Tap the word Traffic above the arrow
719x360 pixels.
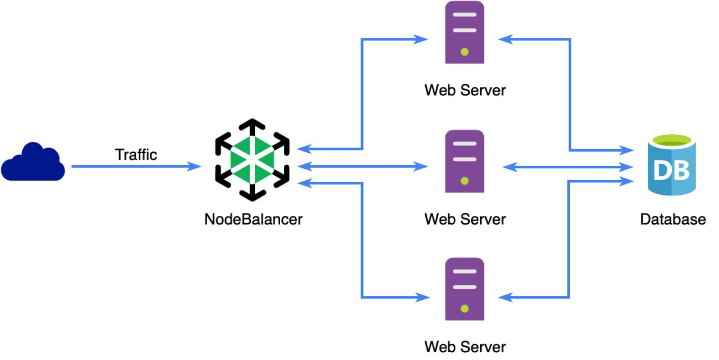pos(136,154)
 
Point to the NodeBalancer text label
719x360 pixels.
pos(253,219)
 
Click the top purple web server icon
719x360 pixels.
pos(465,33)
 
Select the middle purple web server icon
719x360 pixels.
pos(465,161)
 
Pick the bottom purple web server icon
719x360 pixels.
pos(465,290)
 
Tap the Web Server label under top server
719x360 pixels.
pos(465,90)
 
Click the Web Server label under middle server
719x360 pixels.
pos(465,219)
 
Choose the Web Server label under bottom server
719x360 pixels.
pos(465,347)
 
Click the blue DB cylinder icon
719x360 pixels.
pos(671,166)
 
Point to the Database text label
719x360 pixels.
pos(672,219)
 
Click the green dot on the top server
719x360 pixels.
pos(465,52)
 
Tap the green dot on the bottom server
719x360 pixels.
pos(465,309)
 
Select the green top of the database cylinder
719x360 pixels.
pos(671,140)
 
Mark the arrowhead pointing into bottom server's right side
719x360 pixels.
pos(505,297)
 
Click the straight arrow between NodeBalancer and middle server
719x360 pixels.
pos(363,167)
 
